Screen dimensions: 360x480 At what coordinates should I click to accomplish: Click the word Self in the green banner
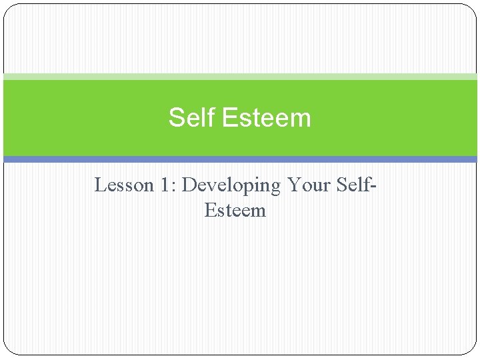coord(192,118)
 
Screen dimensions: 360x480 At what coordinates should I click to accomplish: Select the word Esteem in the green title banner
coord(266,118)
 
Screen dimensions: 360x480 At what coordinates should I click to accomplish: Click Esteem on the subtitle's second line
coord(235,211)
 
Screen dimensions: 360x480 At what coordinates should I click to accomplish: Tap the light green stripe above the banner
coord(240,77)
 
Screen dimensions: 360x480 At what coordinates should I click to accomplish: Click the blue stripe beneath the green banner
coord(240,159)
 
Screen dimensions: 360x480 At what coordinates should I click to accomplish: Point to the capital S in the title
coord(176,118)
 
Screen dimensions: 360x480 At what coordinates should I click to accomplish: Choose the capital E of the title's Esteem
coord(229,118)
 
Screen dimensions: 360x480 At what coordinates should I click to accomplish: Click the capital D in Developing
coord(189,185)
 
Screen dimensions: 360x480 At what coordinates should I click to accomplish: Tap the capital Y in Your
coord(293,185)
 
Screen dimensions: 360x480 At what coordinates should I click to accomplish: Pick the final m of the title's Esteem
coord(302,119)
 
